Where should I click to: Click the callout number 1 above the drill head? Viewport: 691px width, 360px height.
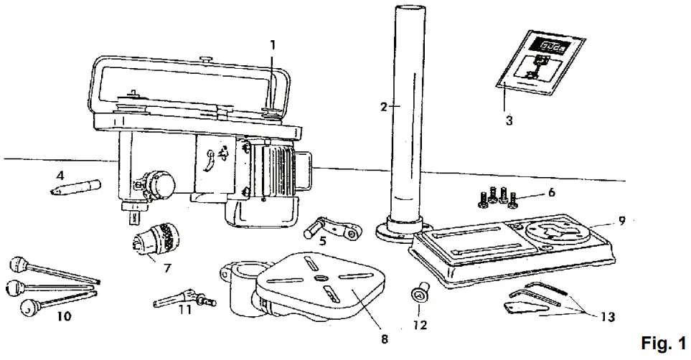point(273,44)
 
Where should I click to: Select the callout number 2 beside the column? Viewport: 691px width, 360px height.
point(385,107)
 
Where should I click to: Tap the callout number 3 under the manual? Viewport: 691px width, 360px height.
point(509,120)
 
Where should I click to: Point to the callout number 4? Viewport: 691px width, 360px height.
point(60,174)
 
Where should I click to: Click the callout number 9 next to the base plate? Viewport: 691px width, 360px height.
point(622,222)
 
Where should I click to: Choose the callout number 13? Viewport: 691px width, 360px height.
point(608,316)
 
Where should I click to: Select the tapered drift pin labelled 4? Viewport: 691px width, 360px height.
point(75,188)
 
